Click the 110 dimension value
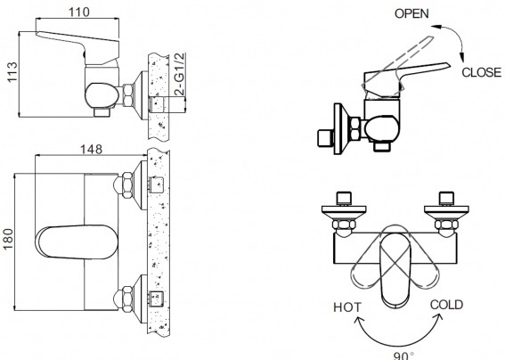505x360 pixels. (79, 12)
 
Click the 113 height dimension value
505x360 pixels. (12, 72)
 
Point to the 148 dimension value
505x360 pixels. (91, 149)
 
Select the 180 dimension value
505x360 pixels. (8, 239)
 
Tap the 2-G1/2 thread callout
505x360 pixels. (180, 74)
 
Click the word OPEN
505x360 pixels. (411, 13)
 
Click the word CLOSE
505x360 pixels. (482, 72)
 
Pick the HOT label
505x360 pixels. (347, 307)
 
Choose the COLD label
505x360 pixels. (446, 305)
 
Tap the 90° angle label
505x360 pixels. (403, 356)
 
